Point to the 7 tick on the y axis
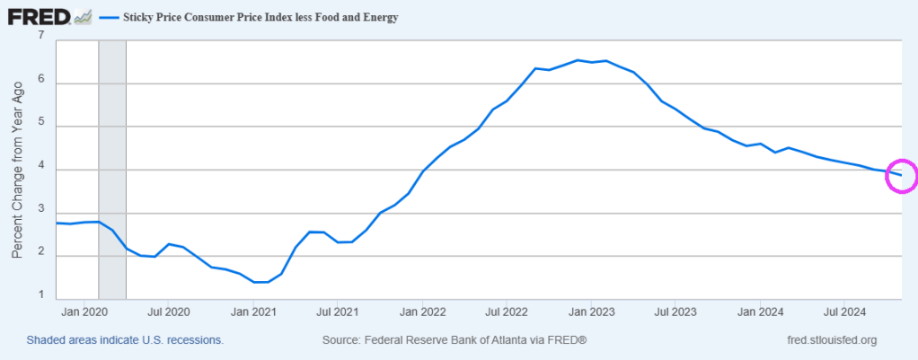[x=41, y=36]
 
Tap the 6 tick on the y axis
[x=41, y=83]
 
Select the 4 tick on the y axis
[x=41, y=170]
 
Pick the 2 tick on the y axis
[x=41, y=256]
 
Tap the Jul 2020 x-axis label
[x=168, y=312]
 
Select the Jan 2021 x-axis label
[x=252, y=312]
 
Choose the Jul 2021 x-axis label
[x=336, y=312]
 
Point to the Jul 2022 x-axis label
[x=505, y=312]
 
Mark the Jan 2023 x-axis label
[x=590, y=312]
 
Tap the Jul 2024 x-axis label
[x=843, y=312]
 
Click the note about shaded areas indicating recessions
[x=125, y=341]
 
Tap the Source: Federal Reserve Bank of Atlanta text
[x=454, y=341]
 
